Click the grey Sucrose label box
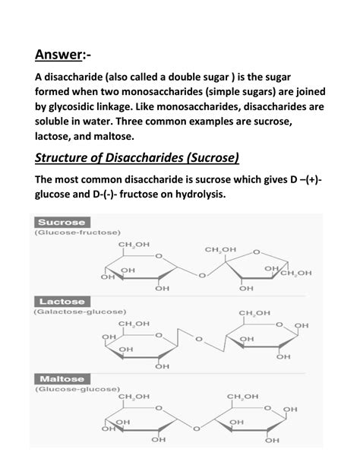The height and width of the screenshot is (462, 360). pos(61,222)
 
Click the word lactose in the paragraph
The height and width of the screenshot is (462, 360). pos(55,137)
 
